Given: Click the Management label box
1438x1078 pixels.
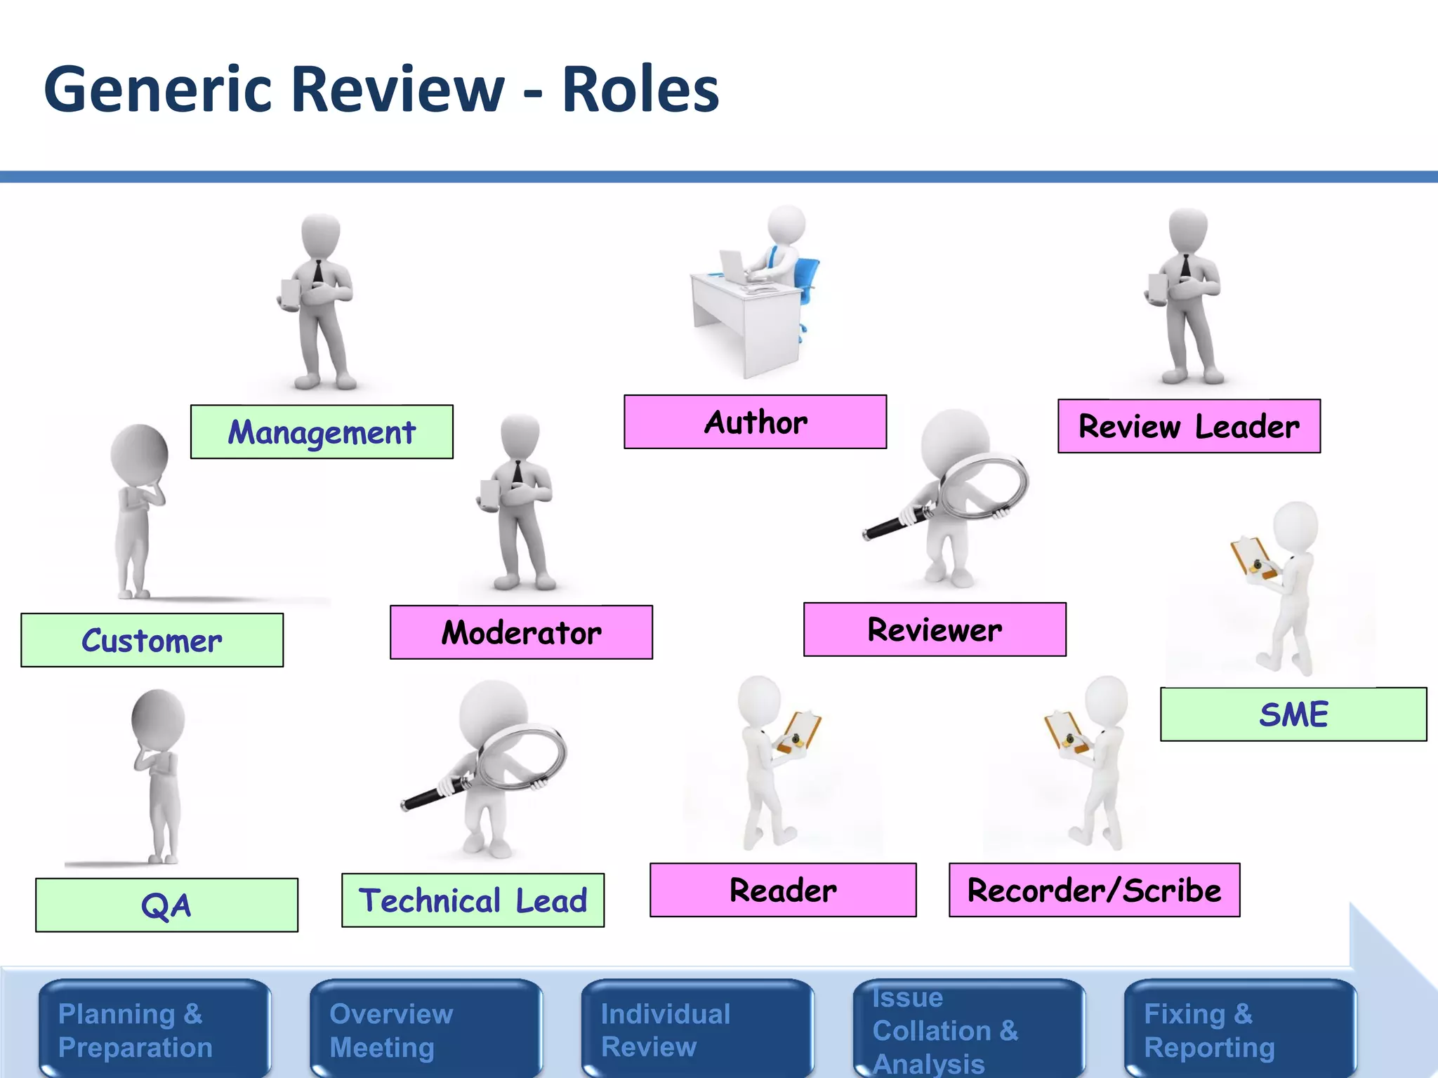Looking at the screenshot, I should [322, 432].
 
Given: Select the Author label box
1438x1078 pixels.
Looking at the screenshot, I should [755, 422].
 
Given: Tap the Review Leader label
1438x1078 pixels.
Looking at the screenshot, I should [1189, 426].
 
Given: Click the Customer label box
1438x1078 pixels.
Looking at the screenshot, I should [152, 640].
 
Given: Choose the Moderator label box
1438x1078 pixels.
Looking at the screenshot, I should [521, 632].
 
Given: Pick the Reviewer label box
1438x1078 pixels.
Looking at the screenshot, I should [935, 630].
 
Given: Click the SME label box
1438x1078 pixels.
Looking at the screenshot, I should [1293, 714].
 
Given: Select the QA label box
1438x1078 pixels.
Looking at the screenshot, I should [166, 905].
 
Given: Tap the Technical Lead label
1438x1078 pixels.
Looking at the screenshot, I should [473, 900].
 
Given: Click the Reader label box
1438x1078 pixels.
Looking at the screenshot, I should [783, 890].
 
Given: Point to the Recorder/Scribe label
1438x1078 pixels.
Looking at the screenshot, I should [1094, 890].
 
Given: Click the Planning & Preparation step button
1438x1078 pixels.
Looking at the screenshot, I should [154, 1030].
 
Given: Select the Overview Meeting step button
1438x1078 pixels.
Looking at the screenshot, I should [426, 1030].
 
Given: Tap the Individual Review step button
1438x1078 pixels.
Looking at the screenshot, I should [697, 1030].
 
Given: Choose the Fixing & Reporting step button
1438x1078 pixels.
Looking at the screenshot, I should [1240, 1030].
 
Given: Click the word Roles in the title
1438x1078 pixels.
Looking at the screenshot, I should [640, 89].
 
